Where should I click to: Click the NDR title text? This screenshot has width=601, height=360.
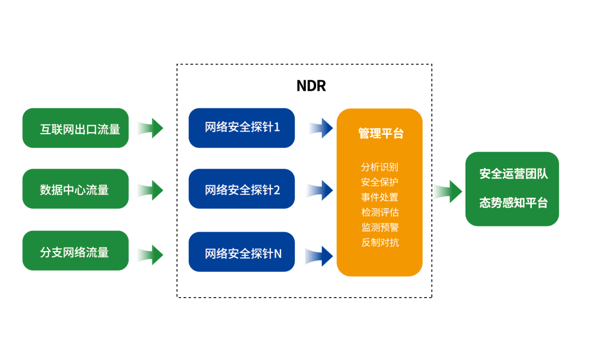311,86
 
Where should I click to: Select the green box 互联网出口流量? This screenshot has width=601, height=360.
75,128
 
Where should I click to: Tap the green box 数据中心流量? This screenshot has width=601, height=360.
75,189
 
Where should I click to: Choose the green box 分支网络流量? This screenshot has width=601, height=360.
75,252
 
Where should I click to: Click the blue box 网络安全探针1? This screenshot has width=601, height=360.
242,127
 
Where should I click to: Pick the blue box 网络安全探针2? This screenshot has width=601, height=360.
242,189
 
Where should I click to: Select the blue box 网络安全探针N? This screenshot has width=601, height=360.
242,253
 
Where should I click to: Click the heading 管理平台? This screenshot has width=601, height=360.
380,134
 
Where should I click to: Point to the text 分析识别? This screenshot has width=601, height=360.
380,167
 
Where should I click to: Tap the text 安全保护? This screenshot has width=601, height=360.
380,182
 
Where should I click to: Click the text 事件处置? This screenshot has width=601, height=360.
380,197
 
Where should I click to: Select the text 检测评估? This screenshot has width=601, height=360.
380,212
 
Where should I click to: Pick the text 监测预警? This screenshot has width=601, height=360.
380,227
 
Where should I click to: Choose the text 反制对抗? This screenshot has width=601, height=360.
380,243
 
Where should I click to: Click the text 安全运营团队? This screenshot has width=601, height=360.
513,174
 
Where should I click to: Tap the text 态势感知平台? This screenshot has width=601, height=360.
513,203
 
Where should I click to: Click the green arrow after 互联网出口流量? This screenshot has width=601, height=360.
149,128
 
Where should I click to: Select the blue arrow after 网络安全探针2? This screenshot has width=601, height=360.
321,190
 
